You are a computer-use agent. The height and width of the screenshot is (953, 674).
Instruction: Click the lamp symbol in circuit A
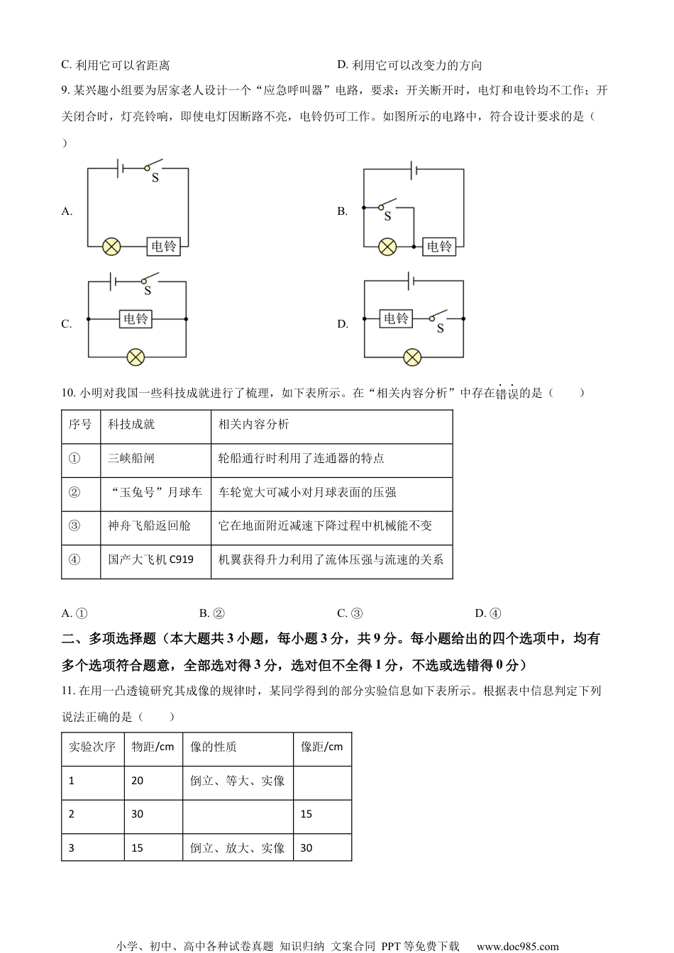click(x=111, y=246)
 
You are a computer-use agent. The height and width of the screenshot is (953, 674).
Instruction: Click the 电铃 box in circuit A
click(x=164, y=246)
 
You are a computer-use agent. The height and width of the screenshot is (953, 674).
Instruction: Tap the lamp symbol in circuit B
click(x=387, y=247)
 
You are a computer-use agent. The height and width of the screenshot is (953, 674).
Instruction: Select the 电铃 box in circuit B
click(x=439, y=247)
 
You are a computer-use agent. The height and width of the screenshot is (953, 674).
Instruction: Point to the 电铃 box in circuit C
click(x=136, y=319)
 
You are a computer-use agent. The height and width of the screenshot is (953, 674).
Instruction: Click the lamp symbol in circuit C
click(x=136, y=357)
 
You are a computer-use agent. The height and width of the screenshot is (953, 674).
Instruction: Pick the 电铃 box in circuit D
click(x=396, y=318)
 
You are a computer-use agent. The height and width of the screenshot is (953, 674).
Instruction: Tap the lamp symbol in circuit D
click(x=412, y=357)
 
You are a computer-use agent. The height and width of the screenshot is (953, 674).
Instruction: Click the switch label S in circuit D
click(x=441, y=329)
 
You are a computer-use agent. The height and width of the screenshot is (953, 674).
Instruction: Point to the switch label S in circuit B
click(x=387, y=216)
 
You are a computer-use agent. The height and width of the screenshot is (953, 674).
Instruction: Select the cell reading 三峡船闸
click(x=131, y=459)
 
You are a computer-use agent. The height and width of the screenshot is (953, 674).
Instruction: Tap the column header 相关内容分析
click(x=254, y=425)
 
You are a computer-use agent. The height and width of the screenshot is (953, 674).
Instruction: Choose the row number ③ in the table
click(x=74, y=526)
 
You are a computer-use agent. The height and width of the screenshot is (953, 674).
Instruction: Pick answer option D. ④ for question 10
click(x=488, y=613)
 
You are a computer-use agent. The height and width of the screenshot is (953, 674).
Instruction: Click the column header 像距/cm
click(x=322, y=747)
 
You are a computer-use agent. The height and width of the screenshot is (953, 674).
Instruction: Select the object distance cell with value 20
click(x=138, y=781)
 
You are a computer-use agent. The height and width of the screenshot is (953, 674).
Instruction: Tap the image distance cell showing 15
click(x=306, y=814)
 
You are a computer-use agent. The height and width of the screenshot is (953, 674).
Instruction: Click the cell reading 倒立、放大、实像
click(x=238, y=848)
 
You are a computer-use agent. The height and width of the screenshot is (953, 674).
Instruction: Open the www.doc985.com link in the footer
click(x=517, y=946)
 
